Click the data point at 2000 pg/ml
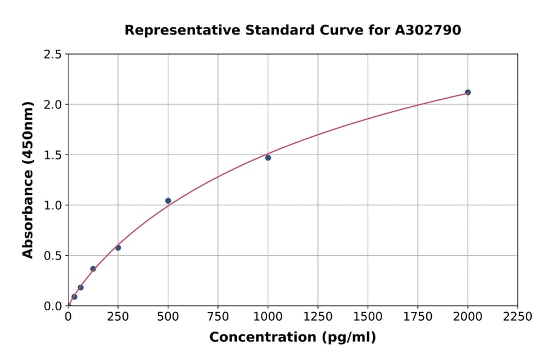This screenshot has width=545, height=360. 467,92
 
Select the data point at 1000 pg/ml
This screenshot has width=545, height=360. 268,158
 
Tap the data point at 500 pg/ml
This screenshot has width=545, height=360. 168,201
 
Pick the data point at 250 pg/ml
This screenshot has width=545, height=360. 118,248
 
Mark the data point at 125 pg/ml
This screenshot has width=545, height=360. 93,268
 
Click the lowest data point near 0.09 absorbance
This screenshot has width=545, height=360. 74,297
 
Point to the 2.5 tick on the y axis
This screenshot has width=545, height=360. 53,55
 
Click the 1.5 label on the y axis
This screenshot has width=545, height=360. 53,155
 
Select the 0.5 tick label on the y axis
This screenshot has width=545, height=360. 53,256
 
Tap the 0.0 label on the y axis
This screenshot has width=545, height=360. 53,306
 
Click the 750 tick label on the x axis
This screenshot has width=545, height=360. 218,317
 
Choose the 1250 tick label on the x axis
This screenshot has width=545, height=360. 318,317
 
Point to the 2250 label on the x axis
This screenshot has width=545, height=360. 518,317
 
